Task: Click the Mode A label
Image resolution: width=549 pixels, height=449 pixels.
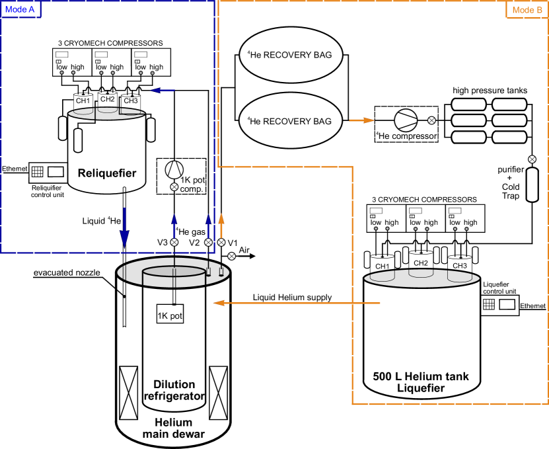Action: click(x=20, y=9)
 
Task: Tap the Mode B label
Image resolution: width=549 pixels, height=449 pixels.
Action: click(x=527, y=9)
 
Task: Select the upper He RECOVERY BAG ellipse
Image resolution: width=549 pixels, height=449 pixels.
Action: click(x=291, y=55)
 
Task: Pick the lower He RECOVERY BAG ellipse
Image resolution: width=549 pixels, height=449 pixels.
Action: click(x=291, y=120)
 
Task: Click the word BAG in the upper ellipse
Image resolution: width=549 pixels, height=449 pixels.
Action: click(x=322, y=55)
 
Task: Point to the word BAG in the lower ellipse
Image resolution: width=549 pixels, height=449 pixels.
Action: click(x=322, y=121)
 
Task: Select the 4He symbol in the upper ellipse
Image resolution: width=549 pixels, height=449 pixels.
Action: click(x=254, y=55)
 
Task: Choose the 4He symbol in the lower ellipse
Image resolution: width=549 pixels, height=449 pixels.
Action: click(x=254, y=121)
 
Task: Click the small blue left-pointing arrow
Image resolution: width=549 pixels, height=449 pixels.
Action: click(x=163, y=90)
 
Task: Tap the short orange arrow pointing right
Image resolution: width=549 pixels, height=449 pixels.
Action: click(x=361, y=120)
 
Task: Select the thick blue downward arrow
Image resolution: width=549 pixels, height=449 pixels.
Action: click(x=124, y=228)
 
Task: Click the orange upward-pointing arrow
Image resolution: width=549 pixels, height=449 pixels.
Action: click(x=221, y=225)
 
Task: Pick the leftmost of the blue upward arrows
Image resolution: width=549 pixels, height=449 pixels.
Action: click(x=174, y=226)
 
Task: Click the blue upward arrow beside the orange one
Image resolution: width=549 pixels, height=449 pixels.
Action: click(x=209, y=226)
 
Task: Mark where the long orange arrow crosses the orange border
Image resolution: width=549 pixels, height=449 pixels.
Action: click(x=353, y=303)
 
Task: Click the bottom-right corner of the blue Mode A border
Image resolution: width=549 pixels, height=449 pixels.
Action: click(x=214, y=252)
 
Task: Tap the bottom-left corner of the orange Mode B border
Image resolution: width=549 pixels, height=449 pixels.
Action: click(x=353, y=403)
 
